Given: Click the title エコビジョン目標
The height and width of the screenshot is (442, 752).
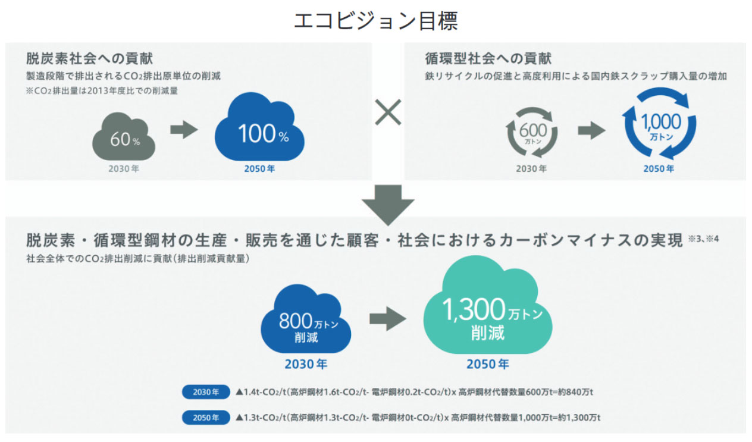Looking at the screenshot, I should (x=375, y=20).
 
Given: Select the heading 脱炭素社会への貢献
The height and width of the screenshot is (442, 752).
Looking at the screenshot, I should (x=89, y=58).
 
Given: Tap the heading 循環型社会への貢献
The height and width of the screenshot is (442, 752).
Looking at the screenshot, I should (x=488, y=58).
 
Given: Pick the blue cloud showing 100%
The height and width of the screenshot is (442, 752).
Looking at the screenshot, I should (x=260, y=134).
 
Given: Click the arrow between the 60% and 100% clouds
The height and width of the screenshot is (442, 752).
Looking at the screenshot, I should (x=184, y=130).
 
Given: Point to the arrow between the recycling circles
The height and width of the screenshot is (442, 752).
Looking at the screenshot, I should (x=591, y=131).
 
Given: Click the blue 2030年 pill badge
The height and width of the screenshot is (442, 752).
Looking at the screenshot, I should (x=206, y=393).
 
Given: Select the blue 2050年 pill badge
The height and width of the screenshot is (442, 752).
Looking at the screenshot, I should (x=206, y=418).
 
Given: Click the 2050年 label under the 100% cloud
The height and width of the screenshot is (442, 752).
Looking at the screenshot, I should (x=259, y=169).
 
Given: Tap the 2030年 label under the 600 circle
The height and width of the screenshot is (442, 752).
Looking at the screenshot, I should (x=531, y=169).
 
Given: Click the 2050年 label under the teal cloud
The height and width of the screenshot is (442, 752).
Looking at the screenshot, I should (x=487, y=364).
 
